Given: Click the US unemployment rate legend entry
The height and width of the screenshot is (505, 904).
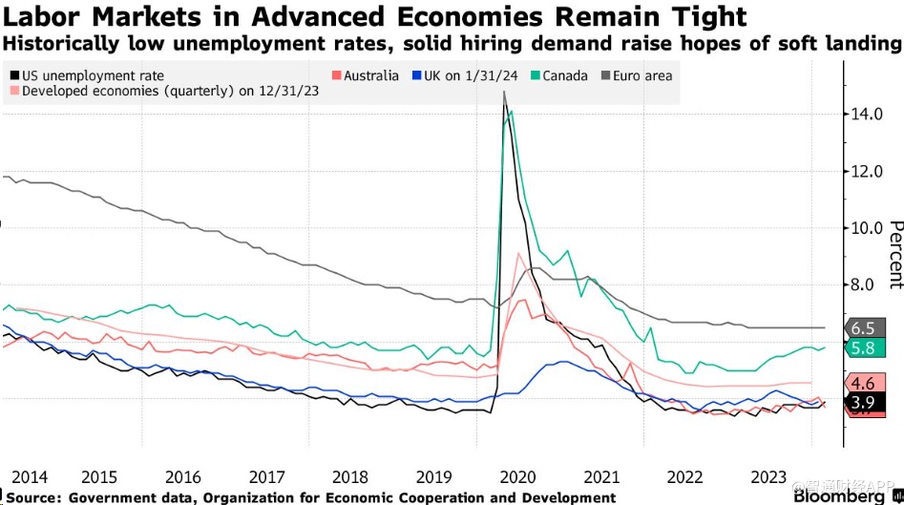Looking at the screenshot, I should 92,75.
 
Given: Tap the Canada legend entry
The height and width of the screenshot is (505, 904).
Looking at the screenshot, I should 564,75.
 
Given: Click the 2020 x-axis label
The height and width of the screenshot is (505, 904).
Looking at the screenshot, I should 517,476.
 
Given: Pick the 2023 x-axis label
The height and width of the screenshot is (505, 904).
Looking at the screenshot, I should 769,476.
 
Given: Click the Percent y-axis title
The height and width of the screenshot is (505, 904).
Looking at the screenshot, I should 894,254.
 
